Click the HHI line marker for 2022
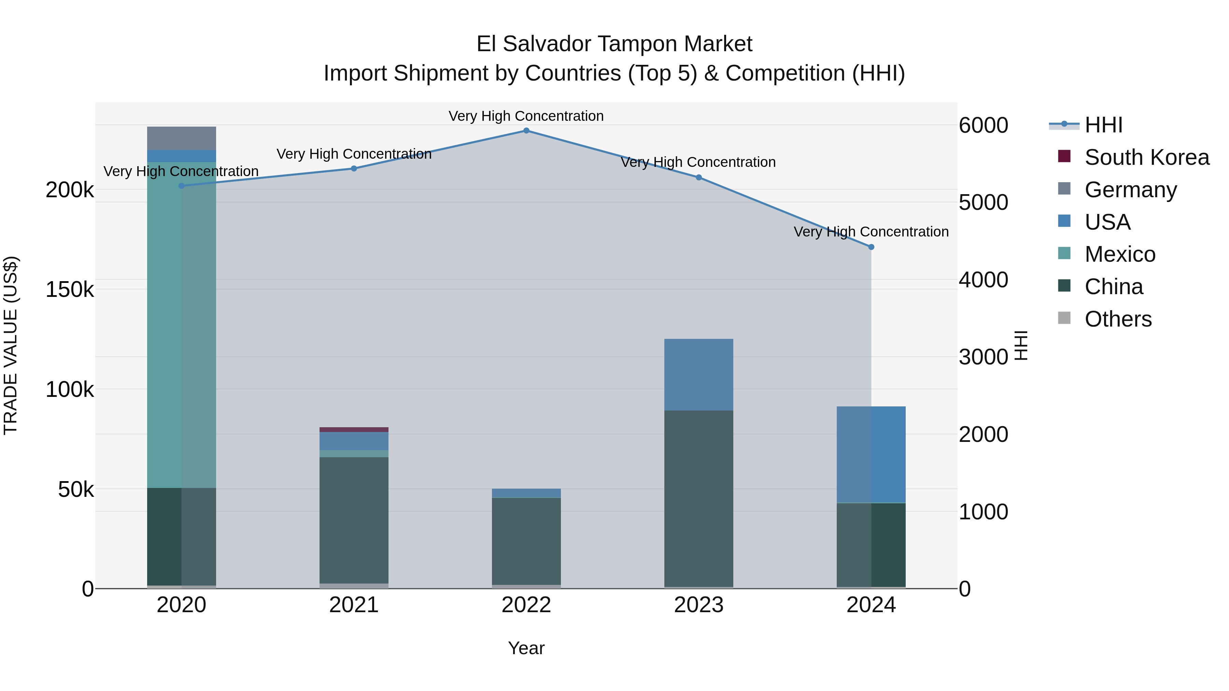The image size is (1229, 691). point(526,131)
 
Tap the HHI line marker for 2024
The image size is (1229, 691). point(871,247)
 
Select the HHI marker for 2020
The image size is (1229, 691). point(181,186)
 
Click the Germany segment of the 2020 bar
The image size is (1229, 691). point(181,138)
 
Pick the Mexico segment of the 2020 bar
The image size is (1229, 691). point(181,324)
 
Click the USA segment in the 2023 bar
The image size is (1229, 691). point(698,374)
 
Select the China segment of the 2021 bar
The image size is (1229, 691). point(354,520)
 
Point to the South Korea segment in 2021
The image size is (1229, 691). point(354,430)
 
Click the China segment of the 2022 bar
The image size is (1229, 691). point(526,541)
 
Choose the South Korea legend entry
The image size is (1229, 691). point(1146,157)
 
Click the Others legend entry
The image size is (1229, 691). point(1117,319)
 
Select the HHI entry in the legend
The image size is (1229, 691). point(1103,125)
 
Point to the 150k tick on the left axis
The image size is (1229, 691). point(70,289)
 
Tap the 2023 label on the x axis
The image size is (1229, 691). point(698,605)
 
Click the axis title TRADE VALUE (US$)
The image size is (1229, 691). point(11,345)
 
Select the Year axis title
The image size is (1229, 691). point(526,648)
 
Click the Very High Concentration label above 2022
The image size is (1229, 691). point(526,116)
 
